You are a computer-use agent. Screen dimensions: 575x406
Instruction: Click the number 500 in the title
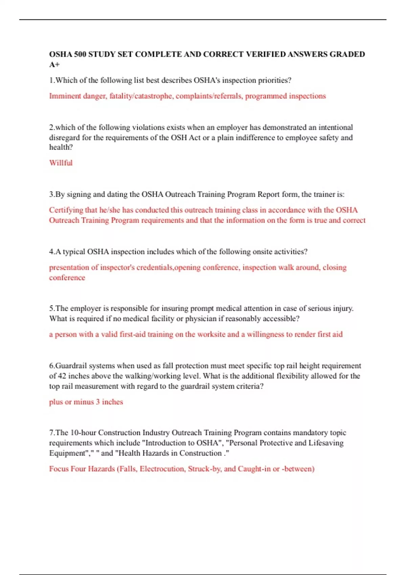coord(80,54)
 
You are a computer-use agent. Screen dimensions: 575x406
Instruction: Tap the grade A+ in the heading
coord(54,65)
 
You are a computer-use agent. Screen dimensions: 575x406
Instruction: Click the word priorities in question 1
coord(274,80)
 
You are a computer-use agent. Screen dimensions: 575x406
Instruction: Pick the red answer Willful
coord(61,163)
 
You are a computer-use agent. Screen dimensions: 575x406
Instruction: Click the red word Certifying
coord(66,210)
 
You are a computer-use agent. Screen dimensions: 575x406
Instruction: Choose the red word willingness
coord(265,335)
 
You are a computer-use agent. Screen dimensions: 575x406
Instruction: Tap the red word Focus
coord(59,469)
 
